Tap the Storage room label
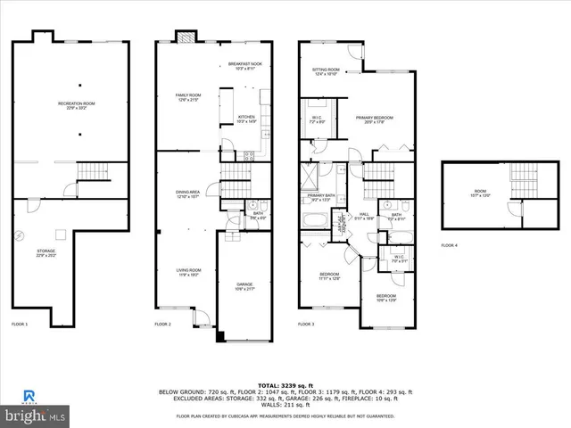tap(46, 253)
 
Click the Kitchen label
tap(246, 119)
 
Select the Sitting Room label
tap(325, 71)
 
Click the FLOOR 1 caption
tap(20, 324)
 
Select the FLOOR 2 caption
tap(162, 324)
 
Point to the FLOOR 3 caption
tap(306, 324)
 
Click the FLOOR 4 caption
tap(449, 245)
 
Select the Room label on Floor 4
tap(480, 195)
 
